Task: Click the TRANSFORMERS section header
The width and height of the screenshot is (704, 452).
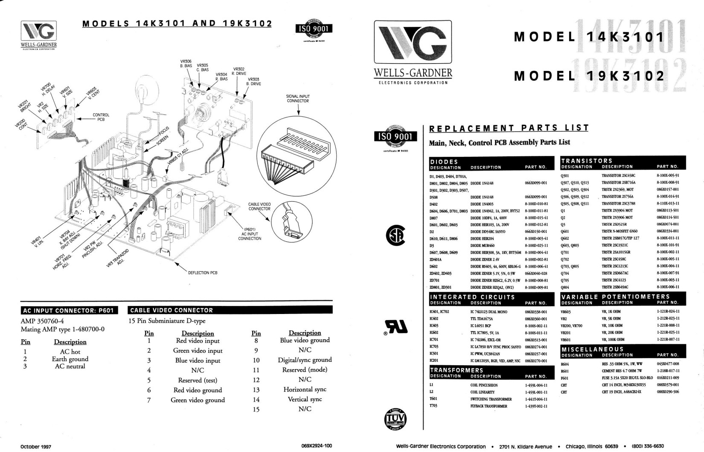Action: tap(457, 370)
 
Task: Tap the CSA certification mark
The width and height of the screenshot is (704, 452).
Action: tap(395, 235)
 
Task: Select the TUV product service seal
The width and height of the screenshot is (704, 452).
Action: tap(396, 418)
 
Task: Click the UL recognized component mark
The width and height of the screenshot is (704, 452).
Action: tap(396, 327)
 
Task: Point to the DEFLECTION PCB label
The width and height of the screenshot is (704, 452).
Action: tap(203, 273)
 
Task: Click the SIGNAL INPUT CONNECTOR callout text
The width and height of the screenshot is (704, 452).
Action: tap(298, 99)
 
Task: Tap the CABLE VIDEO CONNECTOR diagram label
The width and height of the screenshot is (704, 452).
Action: tap(259, 206)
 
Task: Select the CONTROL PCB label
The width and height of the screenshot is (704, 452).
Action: tap(101, 117)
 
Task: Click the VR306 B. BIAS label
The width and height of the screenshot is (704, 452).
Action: tap(186, 64)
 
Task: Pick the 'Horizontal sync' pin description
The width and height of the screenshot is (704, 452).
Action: tap(305, 389)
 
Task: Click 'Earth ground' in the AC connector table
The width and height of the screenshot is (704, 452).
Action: tap(70, 359)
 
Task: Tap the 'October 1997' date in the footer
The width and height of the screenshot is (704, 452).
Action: tap(36, 446)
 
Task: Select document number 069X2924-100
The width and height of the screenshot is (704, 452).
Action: tap(317, 446)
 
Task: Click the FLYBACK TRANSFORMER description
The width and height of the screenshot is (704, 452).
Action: tap(489, 406)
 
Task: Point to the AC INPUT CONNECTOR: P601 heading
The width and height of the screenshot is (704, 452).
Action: tap(68, 310)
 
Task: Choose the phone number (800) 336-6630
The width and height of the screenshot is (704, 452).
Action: tap(648, 446)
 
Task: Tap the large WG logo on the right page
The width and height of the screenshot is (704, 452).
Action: tap(413, 43)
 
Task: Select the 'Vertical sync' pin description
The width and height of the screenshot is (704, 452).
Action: tap(305, 399)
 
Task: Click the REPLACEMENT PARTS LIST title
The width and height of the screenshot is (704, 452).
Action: tap(509, 128)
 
